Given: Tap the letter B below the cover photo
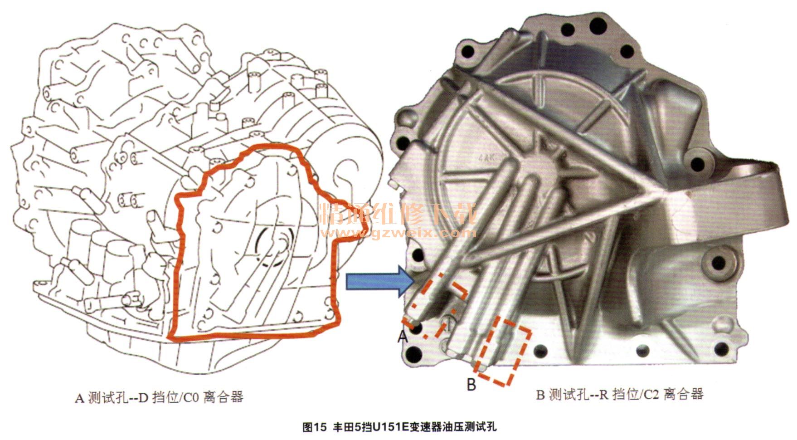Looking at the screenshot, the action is [471, 385].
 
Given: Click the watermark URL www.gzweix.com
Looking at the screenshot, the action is [398, 233].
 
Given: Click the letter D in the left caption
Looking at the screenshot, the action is [143, 398].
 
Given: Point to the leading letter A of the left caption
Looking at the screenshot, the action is [79, 398].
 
